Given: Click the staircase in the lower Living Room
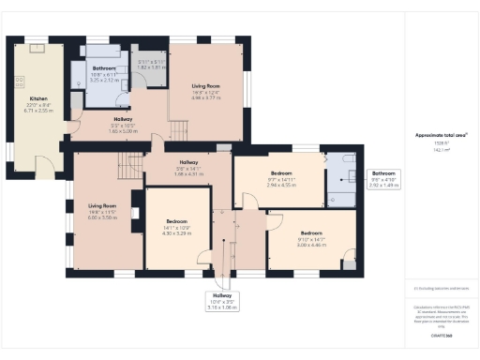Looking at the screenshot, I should point(129,167).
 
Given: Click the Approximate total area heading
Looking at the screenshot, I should point(441,135).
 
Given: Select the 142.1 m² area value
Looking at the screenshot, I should point(441,148).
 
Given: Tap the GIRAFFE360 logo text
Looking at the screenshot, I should point(441,336).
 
